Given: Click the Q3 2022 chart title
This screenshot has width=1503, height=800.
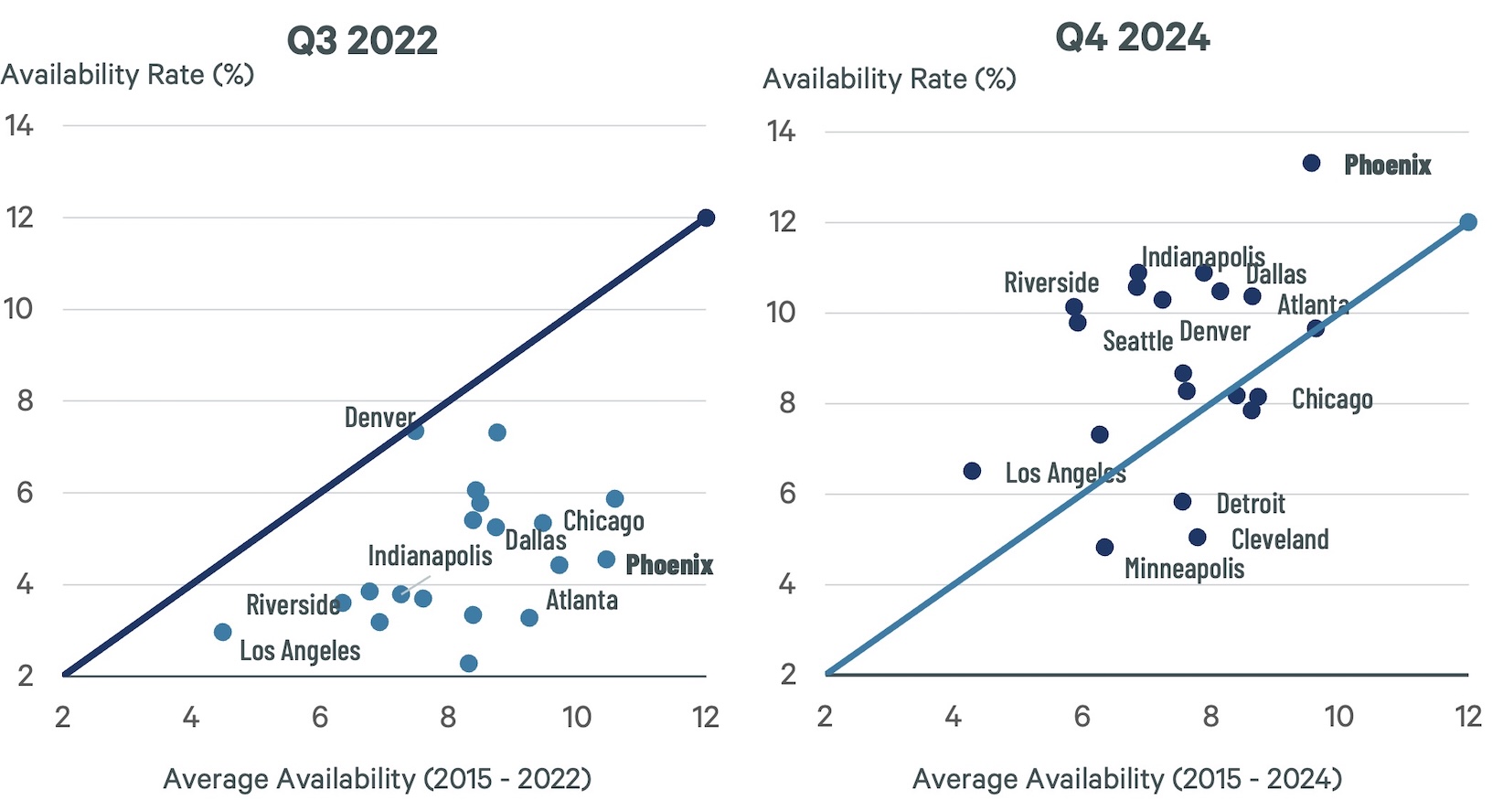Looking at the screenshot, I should click(x=362, y=41).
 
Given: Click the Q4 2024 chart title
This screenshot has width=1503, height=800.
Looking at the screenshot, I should click(x=1132, y=37).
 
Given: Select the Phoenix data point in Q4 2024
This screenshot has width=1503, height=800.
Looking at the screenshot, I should click(x=1311, y=163).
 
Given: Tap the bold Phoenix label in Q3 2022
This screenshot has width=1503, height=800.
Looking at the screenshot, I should click(x=668, y=565).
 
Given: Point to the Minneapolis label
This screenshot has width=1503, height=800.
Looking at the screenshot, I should click(x=1184, y=569).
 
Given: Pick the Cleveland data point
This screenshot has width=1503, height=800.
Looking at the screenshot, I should click(x=1197, y=538).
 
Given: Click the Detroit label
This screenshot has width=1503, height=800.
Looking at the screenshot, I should click(x=1250, y=504).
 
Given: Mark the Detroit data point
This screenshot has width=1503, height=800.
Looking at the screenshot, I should click(x=1182, y=502).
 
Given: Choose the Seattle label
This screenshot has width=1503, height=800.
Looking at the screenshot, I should click(x=1137, y=341).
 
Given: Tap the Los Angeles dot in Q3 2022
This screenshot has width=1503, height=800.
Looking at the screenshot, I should click(x=222, y=632).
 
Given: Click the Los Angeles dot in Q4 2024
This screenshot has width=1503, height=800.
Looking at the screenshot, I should click(x=972, y=471).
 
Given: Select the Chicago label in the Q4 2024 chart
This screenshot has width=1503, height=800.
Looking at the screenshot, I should click(x=1331, y=400).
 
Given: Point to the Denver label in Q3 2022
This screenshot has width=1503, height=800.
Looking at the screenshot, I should click(x=379, y=418).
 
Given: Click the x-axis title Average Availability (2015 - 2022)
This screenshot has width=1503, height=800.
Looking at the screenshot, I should click(x=377, y=779).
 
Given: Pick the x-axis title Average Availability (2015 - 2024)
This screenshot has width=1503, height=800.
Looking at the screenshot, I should click(x=1126, y=779).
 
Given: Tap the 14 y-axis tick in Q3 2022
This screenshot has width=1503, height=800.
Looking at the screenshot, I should click(x=19, y=125).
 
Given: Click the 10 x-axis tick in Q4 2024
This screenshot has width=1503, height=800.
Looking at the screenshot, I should click(x=1338, y=716).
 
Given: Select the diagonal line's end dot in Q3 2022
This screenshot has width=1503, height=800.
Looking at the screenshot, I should click(x=706, y=218).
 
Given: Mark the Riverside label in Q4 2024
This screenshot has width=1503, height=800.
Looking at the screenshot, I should click(x=1050, y=283).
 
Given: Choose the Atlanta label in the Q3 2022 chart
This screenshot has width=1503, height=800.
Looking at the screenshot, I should click(x=581, y=601).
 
